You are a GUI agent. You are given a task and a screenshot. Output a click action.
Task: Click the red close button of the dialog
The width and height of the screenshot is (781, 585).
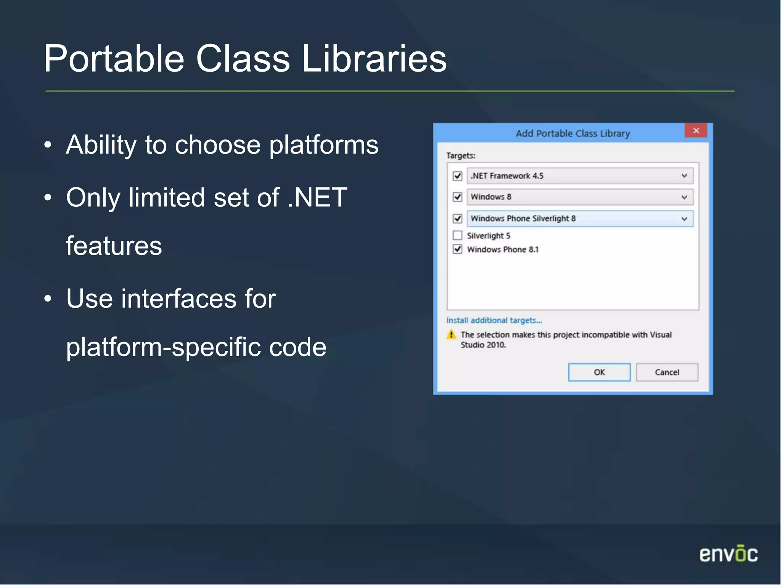pos(696,131)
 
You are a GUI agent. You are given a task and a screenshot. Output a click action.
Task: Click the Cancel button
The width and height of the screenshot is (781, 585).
pos(667,372)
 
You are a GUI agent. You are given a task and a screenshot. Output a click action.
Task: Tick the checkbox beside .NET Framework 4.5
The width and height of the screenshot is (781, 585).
pos(458,176)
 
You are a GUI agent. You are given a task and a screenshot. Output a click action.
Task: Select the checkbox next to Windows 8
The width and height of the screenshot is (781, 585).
pos(458,197)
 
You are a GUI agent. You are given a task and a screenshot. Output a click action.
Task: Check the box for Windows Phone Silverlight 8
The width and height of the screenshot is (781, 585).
pos(458,219)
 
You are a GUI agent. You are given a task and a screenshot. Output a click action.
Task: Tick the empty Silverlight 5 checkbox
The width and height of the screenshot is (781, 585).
pos(458,235)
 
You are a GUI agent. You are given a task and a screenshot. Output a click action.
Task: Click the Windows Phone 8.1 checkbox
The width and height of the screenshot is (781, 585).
pos(458,249)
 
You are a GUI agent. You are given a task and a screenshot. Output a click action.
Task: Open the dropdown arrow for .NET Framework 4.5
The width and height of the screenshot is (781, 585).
pos(684,176)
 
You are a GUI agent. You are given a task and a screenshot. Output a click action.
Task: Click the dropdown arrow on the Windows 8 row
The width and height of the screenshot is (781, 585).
pos(684,197)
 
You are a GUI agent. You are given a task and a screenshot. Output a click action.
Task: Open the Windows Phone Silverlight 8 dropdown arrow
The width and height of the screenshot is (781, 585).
pos(684,219)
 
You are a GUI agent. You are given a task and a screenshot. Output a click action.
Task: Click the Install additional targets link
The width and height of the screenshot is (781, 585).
pos(494,320)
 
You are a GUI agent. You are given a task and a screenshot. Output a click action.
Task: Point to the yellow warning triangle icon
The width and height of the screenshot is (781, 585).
pos(451,335)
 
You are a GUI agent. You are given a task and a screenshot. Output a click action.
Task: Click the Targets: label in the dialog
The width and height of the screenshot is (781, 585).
pos(461,156)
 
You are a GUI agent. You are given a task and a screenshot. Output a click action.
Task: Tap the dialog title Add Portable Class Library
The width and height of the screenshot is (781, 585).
pos(572,134)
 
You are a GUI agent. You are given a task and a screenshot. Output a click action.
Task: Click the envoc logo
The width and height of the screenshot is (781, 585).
pos(728,554)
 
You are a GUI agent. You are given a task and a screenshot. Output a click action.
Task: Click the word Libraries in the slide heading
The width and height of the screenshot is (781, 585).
pos(374,59)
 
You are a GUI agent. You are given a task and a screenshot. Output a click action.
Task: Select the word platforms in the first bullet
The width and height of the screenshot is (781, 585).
pos(324,145)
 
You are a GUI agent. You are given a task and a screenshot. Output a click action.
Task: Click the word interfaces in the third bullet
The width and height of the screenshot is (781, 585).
pos(178,299)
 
